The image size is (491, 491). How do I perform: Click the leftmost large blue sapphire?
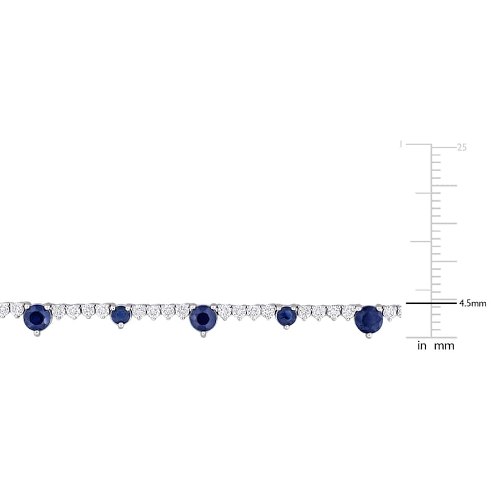point(37,317)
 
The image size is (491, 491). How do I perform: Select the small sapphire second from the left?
point(121,315)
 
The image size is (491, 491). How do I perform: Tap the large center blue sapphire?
point(203,318)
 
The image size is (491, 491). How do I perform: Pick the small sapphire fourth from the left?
point(286,315)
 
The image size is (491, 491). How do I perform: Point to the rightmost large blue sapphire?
point(369,320)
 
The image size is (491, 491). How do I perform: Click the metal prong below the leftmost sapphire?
point(37,333)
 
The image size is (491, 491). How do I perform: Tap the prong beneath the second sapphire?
point(121,327)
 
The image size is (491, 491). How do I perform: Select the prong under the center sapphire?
point(204,334)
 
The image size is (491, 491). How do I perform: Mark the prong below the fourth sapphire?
point(286,327)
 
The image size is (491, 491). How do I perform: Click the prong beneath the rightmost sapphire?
point(369,336)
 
